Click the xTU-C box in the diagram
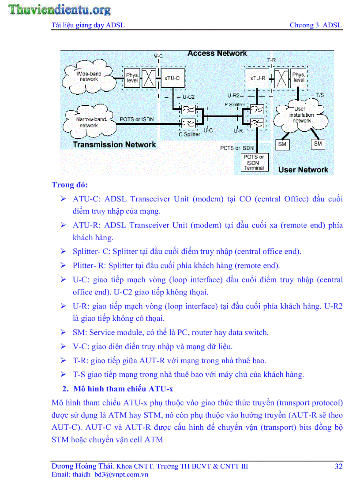click(x=172, y=78)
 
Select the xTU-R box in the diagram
click(x=258, y=78)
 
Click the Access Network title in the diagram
click(x=217, y=53)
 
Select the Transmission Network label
click(x=114, y=145)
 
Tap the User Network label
click(x=303, y=170)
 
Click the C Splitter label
click(x=189, y=134)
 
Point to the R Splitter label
click(x=235, y=105)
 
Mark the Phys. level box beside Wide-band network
click(x=132, y=78)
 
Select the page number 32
click(x=338, y=467)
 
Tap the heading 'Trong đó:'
click(x=70, y=184)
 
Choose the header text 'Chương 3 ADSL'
click(x=315, y=25)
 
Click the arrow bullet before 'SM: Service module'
click(x=64, y=333)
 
